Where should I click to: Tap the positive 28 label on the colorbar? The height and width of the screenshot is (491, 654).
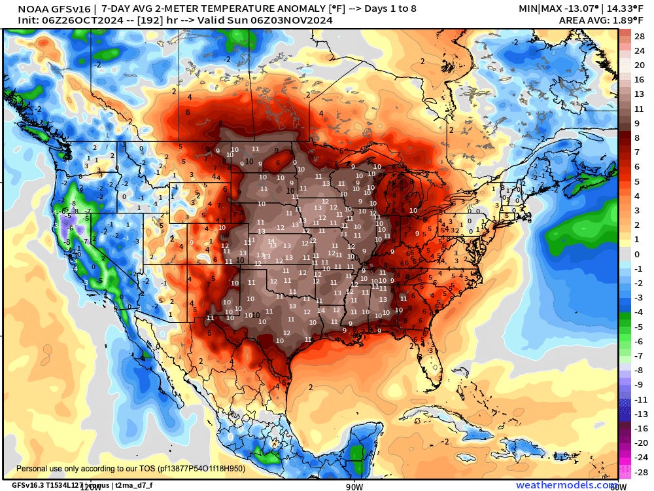(x=640, y=36)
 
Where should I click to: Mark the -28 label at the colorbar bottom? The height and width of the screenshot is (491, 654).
(x=640, y=472)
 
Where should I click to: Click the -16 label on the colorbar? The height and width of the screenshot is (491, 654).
(x=640, y=428)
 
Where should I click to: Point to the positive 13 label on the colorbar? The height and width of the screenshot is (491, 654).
(x=640, y=94)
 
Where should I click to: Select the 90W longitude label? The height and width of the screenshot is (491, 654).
(x=354, y=486)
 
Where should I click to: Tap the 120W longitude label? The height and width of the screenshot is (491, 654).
(x=91, y=486)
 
